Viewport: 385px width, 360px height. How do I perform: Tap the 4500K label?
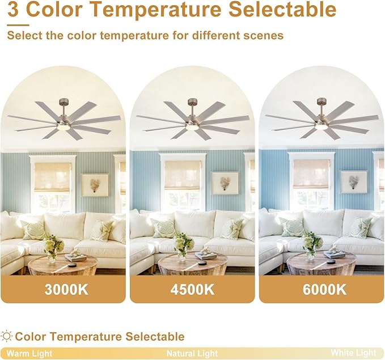pos(192,289)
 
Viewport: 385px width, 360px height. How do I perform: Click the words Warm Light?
pos(29,353)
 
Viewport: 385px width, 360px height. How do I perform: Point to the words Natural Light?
pos(192,353)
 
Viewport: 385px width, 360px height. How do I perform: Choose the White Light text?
pos(353,353)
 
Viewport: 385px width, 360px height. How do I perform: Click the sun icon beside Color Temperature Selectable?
pos(7,336)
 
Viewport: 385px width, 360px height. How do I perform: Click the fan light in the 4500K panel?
pos(192,127)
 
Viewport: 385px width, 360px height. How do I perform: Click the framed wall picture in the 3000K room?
pos(95,184)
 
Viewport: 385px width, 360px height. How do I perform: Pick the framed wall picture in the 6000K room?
pos(353,182)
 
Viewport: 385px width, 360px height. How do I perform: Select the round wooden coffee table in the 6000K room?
pos(321,264)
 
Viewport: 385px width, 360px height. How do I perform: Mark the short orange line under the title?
pos(18,25)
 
